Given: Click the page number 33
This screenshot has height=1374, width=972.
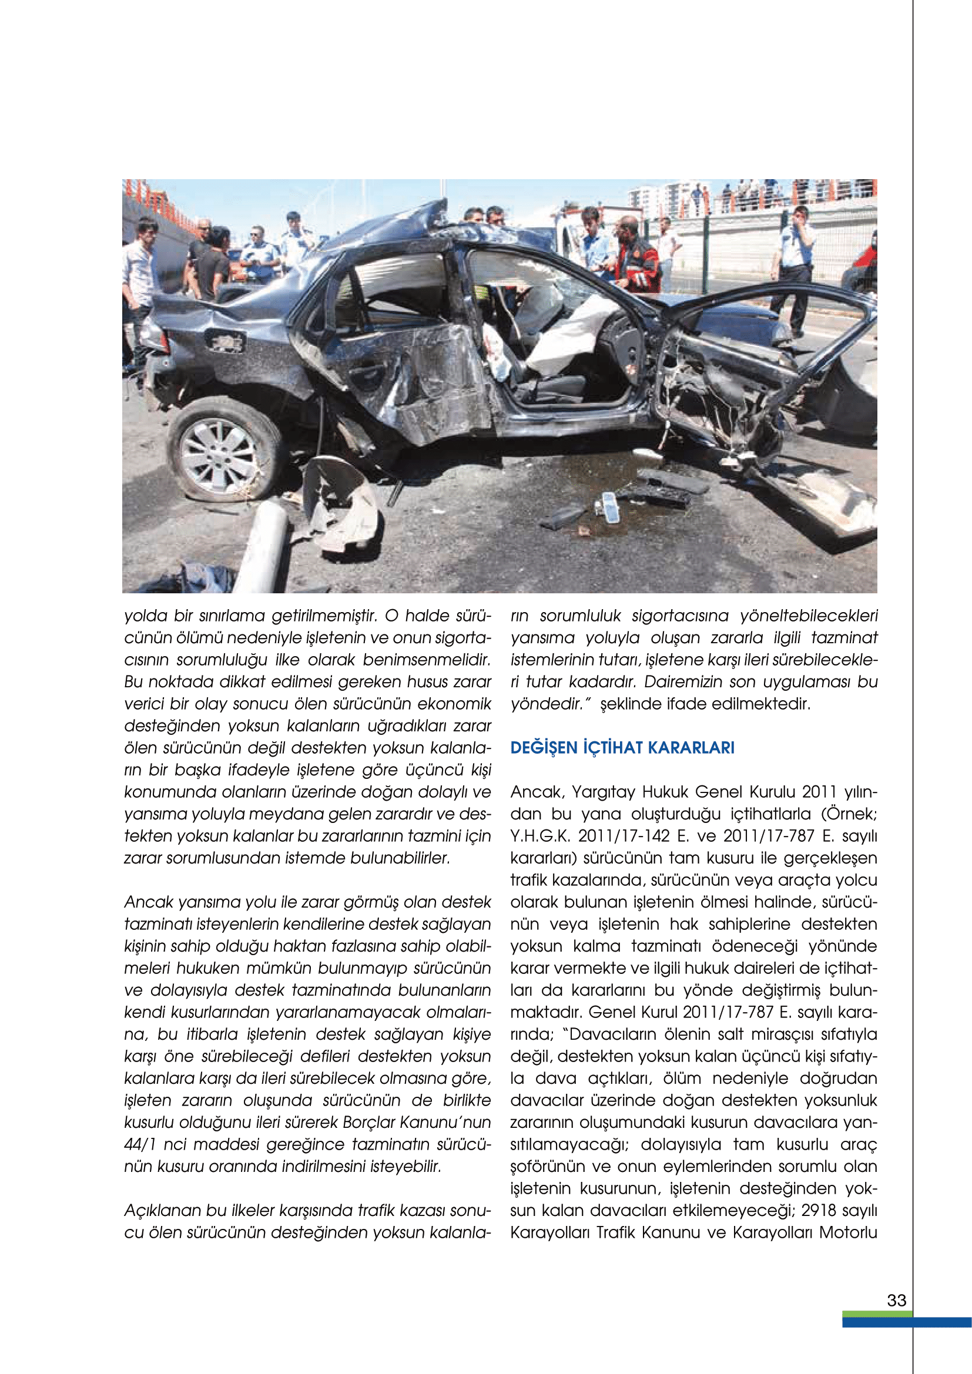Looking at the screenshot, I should point(896,1300).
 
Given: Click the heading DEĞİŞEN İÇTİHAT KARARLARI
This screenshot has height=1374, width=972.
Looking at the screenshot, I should point(622,747).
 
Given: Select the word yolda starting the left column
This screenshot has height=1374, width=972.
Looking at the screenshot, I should point(144,616).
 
